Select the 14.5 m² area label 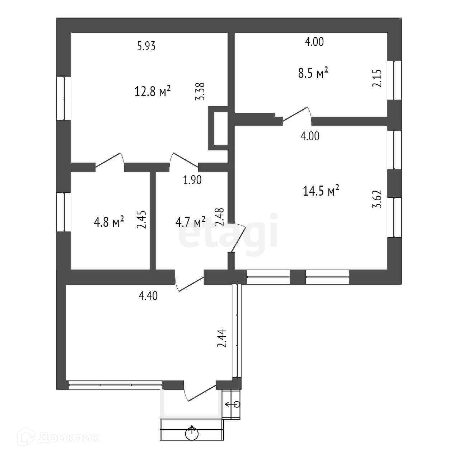[x=321, y=191]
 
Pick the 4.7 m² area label [x=190, y=222]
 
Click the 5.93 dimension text [x=146, y=46]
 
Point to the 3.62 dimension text [x=377, y=199]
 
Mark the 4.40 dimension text [x=148, y=296]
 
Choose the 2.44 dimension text [x=222, y=339]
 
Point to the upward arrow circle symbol [x=192, y=433]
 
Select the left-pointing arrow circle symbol [x=233, y=404]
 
